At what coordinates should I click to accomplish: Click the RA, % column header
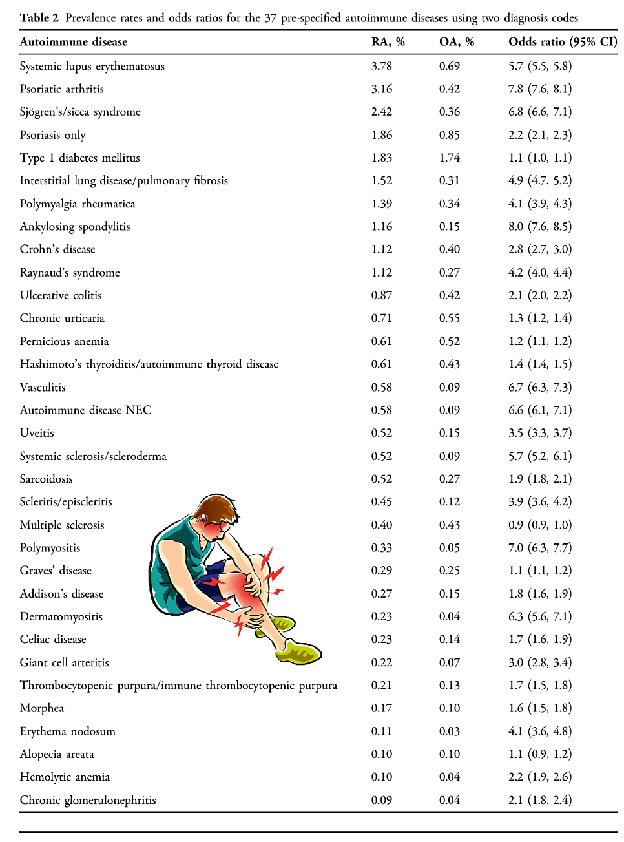[388, 42]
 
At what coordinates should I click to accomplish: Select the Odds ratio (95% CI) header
[562, 42]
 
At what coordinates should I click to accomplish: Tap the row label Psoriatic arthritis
[61, 89]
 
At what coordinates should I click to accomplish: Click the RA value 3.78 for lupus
[381, 67]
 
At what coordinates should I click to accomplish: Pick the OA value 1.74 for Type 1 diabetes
[450, 158]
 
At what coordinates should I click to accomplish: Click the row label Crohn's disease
[57, 249]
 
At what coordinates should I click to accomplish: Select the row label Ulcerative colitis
[61, 295]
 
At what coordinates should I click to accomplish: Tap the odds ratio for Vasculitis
[539, 387]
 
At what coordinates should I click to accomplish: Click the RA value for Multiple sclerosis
[381, 525]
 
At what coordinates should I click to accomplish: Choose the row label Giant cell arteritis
[64, 662]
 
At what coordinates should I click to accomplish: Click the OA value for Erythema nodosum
[450, 731]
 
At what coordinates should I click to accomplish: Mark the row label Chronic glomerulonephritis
[88, 800]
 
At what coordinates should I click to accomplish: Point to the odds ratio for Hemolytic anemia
[539, 777]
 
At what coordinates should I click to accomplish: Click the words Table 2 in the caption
[39, 18]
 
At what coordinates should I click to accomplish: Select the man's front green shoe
[299, 653]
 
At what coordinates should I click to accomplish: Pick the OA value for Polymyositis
[450, 548]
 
